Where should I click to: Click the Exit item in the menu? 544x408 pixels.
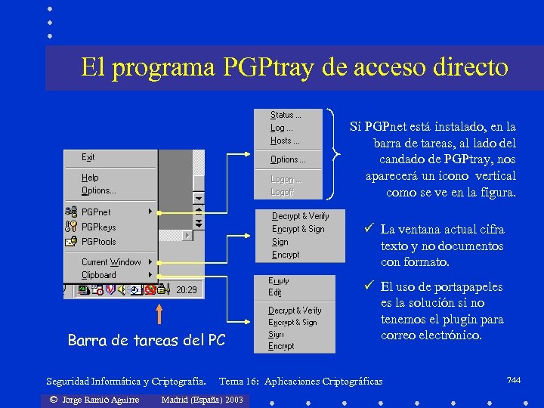click(x=88, y=157)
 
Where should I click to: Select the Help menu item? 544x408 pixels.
click(x=90, y=178)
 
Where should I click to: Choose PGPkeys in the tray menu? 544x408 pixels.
click(x=98, y=227)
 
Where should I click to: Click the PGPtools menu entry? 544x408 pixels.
click(x=98, y=242)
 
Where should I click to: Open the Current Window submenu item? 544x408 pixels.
click(x=111, y=262)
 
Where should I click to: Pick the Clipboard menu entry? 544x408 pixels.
click(x=99, y=275)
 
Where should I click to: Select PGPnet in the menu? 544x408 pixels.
click(x=96, y=212)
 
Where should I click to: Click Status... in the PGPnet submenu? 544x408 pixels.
click(x=286, y=116)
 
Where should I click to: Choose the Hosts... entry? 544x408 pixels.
click(x=285, y=141)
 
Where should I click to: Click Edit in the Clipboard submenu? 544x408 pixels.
click(x=275, y=292)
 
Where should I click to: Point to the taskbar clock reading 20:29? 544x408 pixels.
click(x=187, y=289)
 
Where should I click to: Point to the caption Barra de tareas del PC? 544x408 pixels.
click(x=146, y=341)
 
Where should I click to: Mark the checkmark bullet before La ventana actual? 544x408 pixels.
click(x=366, y=228)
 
